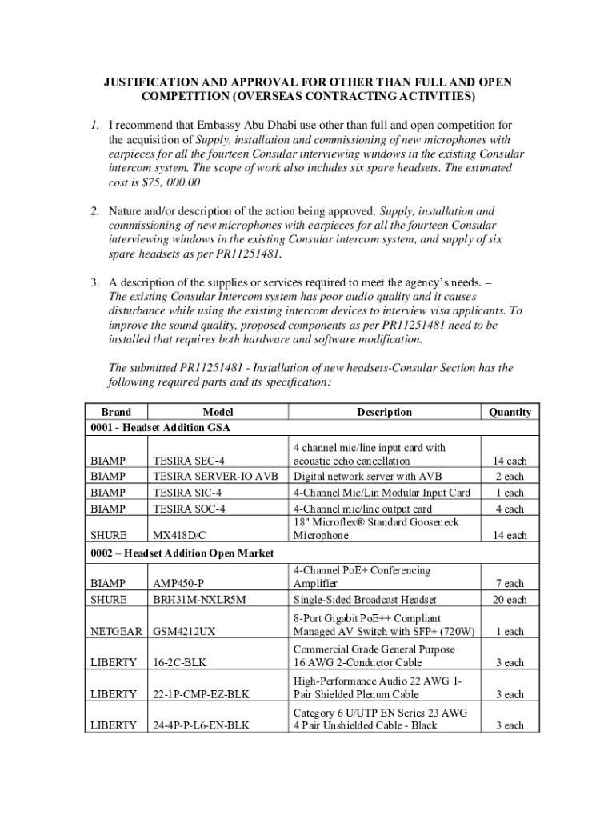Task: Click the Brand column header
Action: coord(117,412)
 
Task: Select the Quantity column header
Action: coord(510,412)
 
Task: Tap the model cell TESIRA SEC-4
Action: coord(189,461)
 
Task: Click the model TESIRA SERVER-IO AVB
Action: coord(215,477)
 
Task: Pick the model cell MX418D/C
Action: coord(184,536)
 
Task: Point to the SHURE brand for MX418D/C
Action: coord(109,536)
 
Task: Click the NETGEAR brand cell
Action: coord(118,632)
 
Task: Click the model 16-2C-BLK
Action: coord(182,663)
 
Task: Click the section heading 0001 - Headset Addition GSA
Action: coord(161,428)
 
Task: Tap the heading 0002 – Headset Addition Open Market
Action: coord(183,553)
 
